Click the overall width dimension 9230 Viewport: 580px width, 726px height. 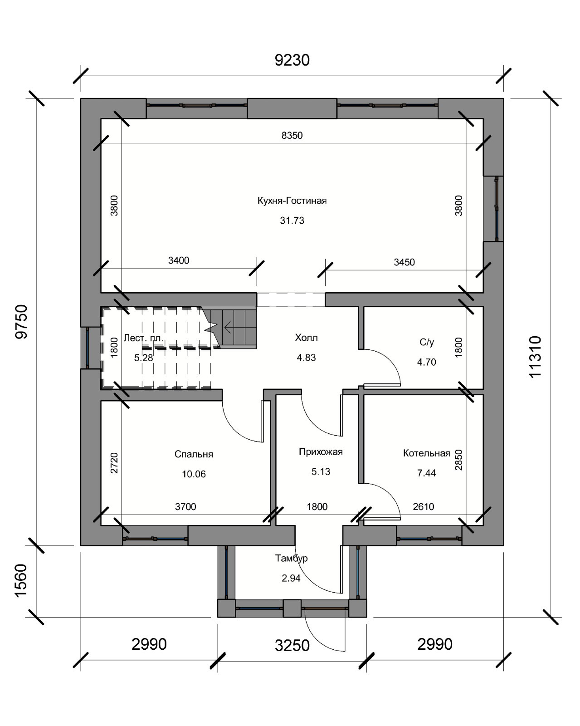click(x=292, y=60)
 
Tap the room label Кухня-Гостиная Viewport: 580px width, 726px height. click(x=292, y=201)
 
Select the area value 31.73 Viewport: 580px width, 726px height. click(x=292, y=221)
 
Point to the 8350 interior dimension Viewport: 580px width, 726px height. click(x=292, y=135)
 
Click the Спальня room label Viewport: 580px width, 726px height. click(x=194, y=454)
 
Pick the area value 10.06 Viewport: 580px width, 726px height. click(x=194, y=474)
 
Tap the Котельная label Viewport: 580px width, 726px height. click(x=427, y=453)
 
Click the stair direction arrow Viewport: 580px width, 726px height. click(x=228, y=327)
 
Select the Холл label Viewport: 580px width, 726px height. click(x=306, y=338)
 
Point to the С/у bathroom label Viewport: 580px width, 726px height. click(x=427, y=342)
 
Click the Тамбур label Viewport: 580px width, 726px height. click(x=291, y=558)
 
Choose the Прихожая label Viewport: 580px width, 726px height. click(x=321, y=452)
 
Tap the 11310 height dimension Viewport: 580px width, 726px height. click(x=535, y=357)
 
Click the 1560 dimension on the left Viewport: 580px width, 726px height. click(x=21, y=581)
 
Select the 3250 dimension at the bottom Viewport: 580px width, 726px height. click(x=292, y=645)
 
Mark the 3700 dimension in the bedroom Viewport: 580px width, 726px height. click(x=185, y=506)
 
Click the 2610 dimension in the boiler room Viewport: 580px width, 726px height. click(x=424, y=506)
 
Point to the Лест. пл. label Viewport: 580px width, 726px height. click(x=143, y=338)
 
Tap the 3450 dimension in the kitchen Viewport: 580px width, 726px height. click(x=404, y=262)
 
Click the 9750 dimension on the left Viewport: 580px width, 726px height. click(x=21, y=322)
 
